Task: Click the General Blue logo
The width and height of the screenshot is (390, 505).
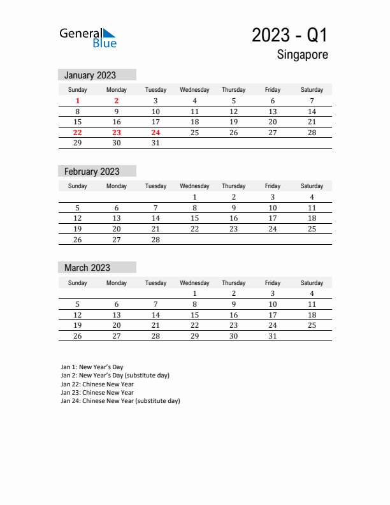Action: click(88, 38)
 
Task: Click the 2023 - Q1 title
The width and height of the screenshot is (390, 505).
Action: click(290, 36)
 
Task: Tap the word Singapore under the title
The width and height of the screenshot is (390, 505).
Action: click(303, 55)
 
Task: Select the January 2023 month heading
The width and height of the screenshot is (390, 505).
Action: click(90, 75)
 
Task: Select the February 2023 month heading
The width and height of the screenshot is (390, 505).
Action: click(92, 172)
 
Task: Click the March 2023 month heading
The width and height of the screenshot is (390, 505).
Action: click(87, 268)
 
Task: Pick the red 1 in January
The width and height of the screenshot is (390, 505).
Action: click(78, 101)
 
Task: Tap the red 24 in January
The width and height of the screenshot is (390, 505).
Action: click(155, 133)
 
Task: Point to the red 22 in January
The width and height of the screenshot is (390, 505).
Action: click(78, 133)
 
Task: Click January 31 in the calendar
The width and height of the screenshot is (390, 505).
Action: click(155, 143)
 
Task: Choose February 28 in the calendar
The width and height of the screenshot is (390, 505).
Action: click(155, 240)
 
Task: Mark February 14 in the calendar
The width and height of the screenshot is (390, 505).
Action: click(155, 218)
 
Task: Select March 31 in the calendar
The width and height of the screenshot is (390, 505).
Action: click(273, 336)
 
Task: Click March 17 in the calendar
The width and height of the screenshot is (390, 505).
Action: click(273, 315)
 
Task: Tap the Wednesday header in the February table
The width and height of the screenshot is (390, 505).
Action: click(194, 186)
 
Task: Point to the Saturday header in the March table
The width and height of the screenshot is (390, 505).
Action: click(312, 282)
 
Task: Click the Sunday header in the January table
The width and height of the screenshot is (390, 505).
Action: click(78, 90)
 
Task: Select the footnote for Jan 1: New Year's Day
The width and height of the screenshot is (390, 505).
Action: click(92, 367)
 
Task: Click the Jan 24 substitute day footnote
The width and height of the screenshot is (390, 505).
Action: click(120, 401)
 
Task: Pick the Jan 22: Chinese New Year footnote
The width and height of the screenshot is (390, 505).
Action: click(97, 384)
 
